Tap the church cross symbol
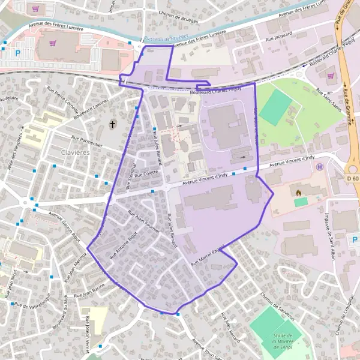[x=112, y=124]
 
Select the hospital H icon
[x=320, y=167]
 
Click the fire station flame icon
[x=298, y=193]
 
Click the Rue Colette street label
[x=146, y=172]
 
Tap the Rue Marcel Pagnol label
[x=207, y=256]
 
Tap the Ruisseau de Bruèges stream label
[x=155, y=38]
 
